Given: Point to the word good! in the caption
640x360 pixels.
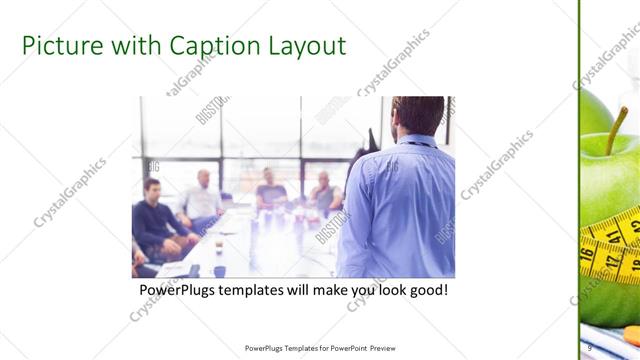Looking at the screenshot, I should (424, 290).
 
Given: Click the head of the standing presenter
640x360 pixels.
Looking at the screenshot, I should (410, 116).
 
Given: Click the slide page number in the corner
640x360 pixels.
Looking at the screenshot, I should (590, 347).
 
